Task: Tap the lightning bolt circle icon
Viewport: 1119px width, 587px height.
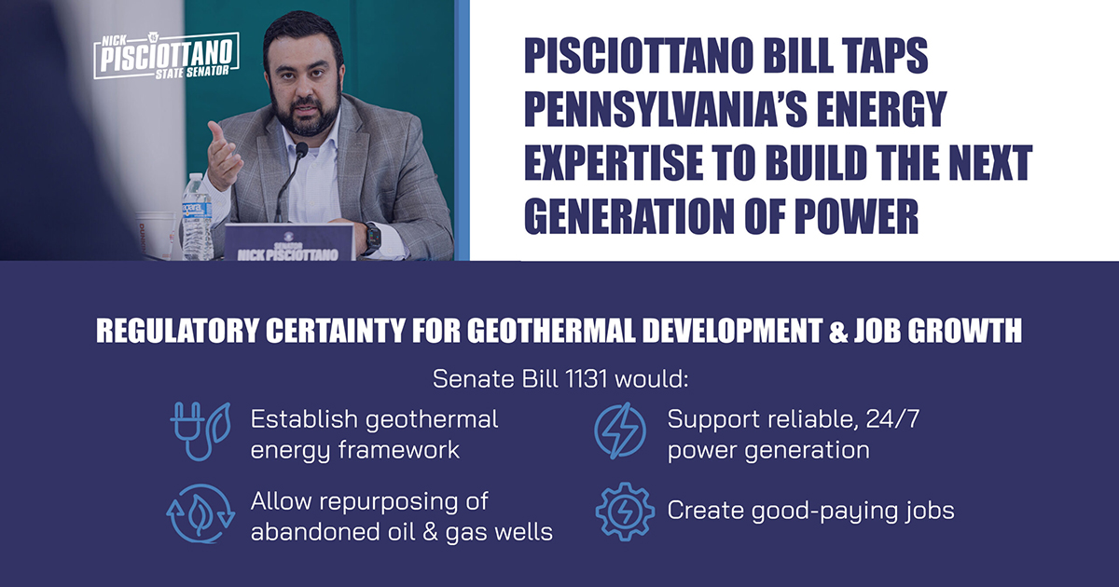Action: click(x=620, y=431)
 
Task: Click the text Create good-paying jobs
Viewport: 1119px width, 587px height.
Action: click(x=809, y=511)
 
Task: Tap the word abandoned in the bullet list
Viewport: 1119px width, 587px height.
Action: click(x=313, y=532)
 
